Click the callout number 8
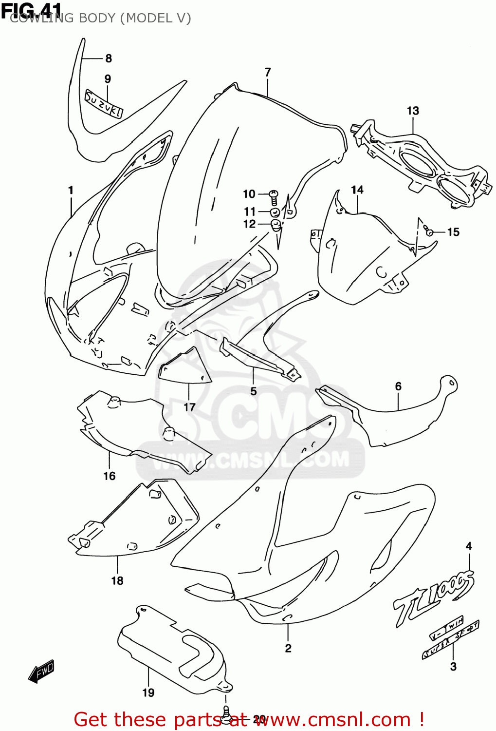click(109, 58)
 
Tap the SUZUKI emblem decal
click(103, 104)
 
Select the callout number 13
click(413, 111)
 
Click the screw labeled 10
click(274, 197)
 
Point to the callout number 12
click(249, 224)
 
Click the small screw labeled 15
click(429, 231)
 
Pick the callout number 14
click(357, 190)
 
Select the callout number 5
click(254, 391)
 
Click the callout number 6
click(398, 386)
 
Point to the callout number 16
click(110, 476)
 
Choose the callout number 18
click(117, 581)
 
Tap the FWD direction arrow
click(41, 671)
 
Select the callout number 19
click(148, 693)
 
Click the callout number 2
click(288, 648)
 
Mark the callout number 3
click(453, 667)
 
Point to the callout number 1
click(71, 190)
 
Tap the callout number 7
click(268, 73)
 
